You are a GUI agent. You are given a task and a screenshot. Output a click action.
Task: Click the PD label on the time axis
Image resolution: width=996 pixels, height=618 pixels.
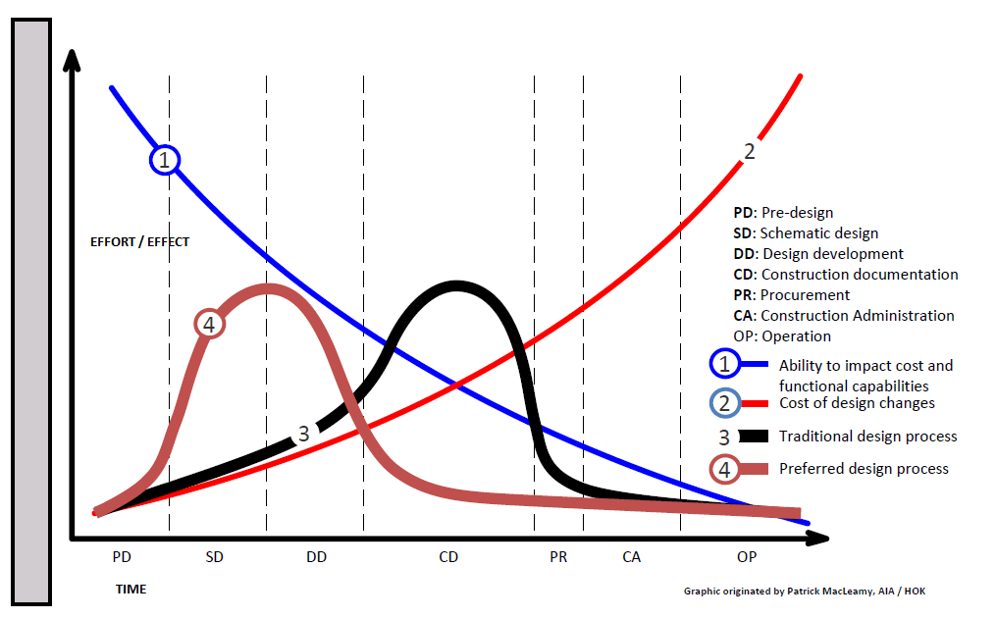point(122,557)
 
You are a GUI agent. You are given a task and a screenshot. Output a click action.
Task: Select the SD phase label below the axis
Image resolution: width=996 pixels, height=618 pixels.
point(215,557)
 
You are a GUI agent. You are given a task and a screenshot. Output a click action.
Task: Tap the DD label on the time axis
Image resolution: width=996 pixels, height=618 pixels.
point(316,557)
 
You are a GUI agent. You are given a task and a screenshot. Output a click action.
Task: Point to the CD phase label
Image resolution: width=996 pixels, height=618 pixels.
point(448,557)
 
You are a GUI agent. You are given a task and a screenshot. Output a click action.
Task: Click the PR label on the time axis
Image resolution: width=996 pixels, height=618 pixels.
point(558,557)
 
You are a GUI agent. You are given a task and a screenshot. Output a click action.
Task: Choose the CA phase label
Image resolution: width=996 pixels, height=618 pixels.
point(632,557)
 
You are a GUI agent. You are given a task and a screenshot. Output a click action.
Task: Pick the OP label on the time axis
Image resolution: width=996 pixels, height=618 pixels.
point(747,557)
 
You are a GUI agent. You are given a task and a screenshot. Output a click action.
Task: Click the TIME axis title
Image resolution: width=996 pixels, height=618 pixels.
point(131,590)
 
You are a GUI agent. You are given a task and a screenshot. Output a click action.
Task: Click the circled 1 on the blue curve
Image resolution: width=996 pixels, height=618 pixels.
point(165,159)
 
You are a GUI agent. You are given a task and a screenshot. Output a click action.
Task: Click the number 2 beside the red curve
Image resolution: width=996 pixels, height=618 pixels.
point(750,151)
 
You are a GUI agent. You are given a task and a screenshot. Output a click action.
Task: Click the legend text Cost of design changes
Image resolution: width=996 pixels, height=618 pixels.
point(857,403)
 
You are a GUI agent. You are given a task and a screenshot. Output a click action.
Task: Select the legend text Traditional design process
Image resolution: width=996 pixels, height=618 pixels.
point(867,436)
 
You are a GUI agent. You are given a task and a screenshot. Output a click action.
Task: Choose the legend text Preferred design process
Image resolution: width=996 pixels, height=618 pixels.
point(864,469)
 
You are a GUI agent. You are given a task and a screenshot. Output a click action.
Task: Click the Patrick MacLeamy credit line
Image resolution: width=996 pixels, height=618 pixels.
point(805,592)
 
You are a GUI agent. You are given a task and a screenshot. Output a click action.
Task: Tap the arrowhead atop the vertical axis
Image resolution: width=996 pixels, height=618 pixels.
point(71,57)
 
